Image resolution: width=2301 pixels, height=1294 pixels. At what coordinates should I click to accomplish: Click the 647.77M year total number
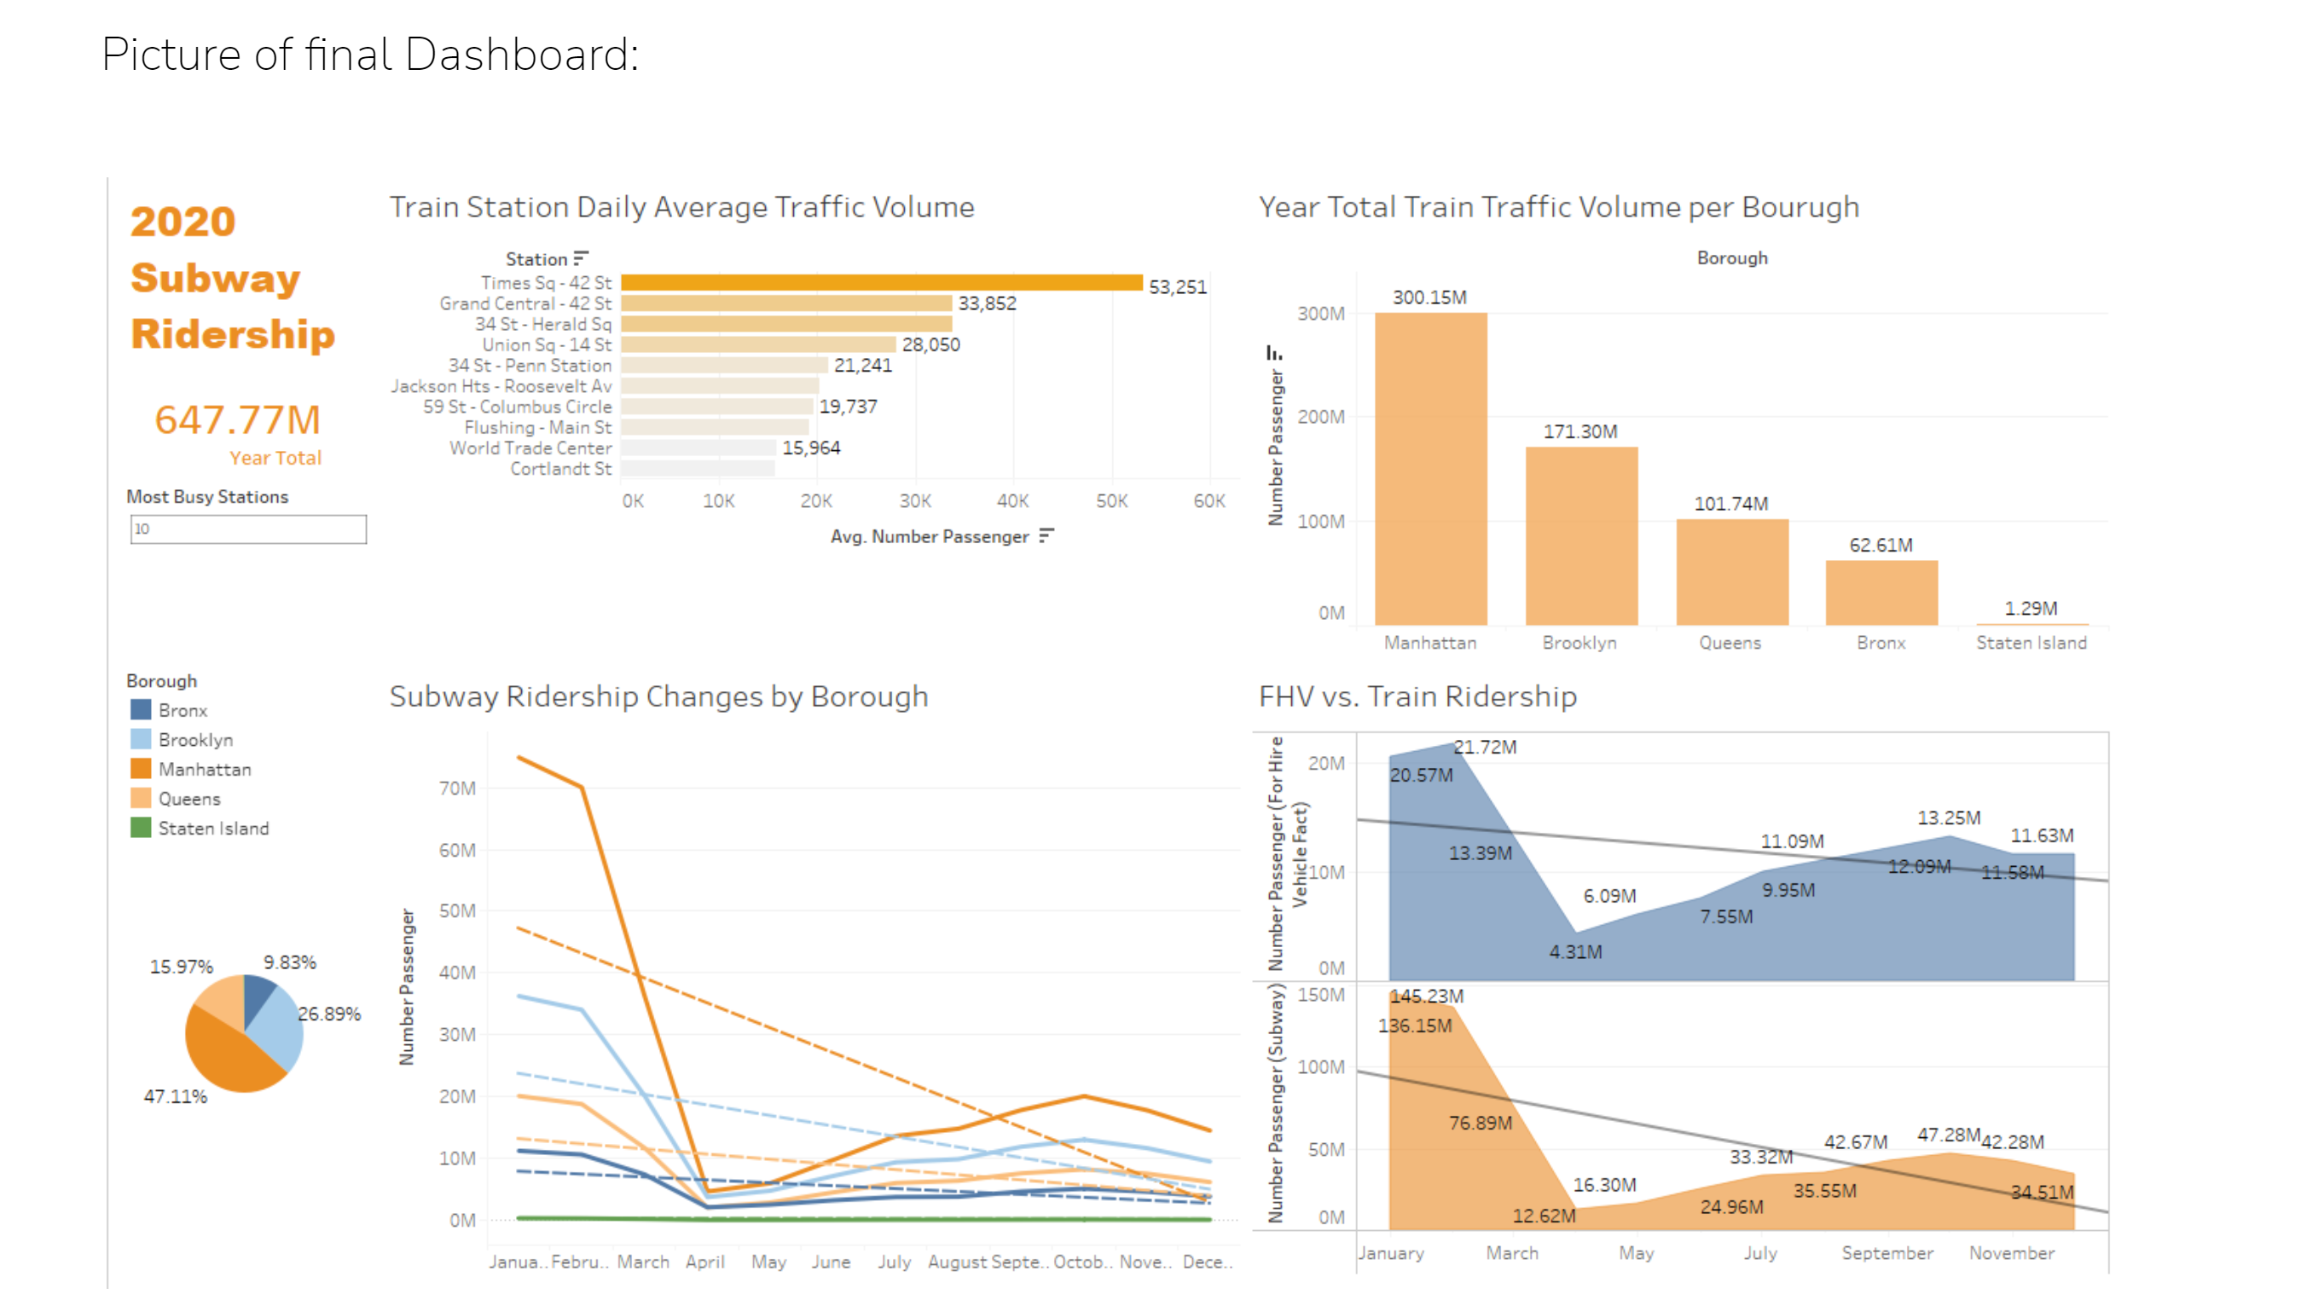237,419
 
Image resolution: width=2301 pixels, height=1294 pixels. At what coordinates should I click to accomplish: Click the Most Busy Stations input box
247,529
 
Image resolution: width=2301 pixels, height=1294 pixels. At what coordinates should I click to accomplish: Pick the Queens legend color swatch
140,799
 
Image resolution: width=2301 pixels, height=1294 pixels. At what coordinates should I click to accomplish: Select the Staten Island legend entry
212,828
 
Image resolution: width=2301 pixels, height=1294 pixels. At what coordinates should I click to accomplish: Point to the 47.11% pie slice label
175,1096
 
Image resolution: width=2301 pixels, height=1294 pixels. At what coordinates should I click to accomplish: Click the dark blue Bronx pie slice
258,996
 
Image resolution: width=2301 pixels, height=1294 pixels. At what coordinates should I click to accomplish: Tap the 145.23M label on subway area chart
1427,996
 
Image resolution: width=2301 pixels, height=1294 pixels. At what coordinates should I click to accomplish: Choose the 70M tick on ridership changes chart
456,789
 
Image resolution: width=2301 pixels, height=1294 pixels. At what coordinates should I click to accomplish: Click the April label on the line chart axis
704,1262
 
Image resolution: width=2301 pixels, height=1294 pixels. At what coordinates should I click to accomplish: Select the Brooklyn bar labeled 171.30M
1580,536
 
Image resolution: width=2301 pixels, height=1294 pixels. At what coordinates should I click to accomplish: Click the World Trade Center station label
530,448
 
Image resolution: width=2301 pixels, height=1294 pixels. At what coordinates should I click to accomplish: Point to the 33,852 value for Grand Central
986,303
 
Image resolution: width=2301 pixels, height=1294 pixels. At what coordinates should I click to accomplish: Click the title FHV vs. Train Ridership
1417,696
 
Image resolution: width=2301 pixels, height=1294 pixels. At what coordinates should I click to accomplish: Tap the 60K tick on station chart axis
1208,501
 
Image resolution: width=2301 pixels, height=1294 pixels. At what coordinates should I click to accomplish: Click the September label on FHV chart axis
1887,1253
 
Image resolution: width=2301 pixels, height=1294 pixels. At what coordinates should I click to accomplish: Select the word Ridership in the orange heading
232,335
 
